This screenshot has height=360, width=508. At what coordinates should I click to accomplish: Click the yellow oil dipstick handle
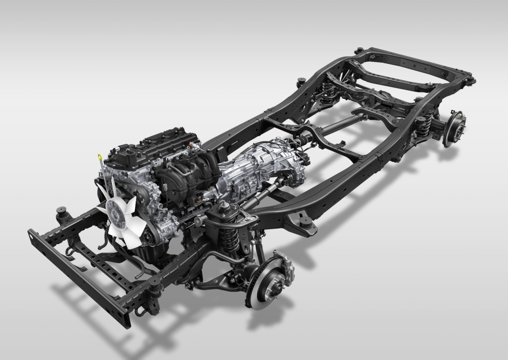coord(100,157)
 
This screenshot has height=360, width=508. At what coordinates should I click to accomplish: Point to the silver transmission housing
coord(257,166)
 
